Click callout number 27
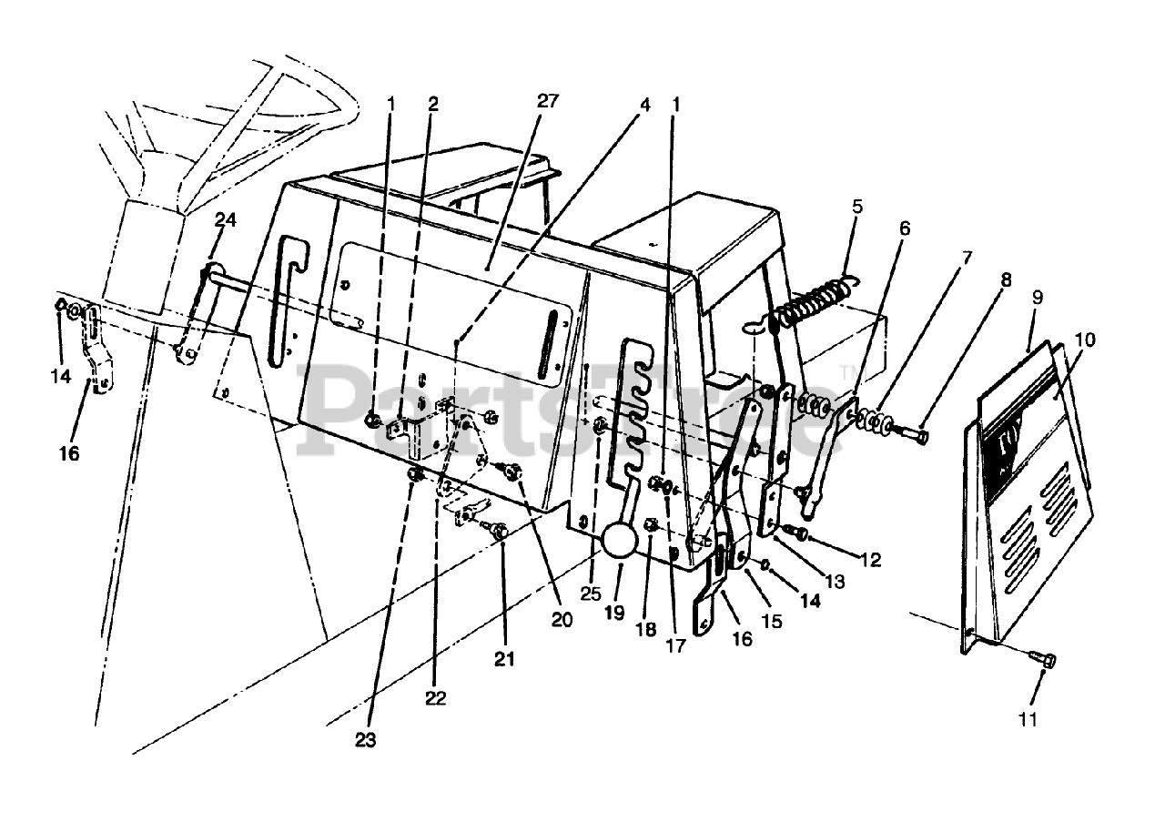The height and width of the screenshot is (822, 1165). click(547, 101)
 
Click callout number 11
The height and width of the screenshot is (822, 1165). click(1027, 719)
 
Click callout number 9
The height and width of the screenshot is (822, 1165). click(1038, 297)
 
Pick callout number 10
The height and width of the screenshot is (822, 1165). click(1084, 340)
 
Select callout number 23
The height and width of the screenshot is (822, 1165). click(366, 740)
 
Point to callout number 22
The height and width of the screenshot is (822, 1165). click(435, 698)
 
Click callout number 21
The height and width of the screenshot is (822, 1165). click(504, 658)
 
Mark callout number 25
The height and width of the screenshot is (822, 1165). click(593, 594)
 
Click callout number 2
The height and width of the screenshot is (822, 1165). click(433, 104)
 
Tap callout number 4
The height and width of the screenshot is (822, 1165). click(644, 104)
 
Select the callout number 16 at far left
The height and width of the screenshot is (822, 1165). click(69, 453)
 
